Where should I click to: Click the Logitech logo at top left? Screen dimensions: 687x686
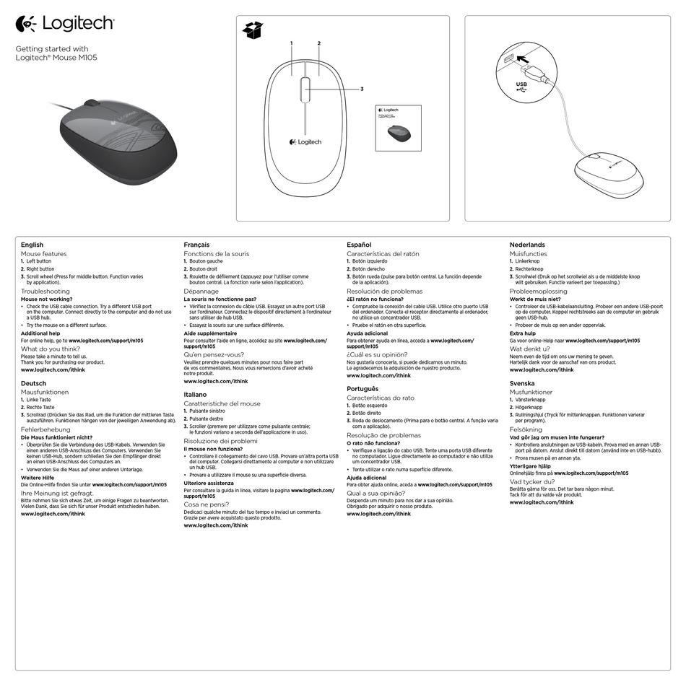(x=65, y=24)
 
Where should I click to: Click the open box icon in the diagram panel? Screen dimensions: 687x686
(x=253, y=30)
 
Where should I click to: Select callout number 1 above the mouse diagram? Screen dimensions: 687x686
(x=292, y=44)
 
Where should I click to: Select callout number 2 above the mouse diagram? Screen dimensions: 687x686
(x=318, y=44)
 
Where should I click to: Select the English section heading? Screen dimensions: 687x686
(x=32, y=245)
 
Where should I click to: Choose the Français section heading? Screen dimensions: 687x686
(x=197, y=245)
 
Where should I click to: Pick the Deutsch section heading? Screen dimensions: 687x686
(x=34, y=383)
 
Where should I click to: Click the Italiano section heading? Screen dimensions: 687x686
(x=196, y=395)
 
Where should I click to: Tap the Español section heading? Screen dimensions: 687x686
(x=359, y=245)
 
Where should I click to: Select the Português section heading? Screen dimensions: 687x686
(x=362, y=389)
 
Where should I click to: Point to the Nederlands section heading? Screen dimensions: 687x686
(x=527, y=245)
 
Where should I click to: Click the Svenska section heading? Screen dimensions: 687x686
(x=522, y=383)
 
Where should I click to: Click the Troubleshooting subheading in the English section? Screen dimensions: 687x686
(x=45, y=291)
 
